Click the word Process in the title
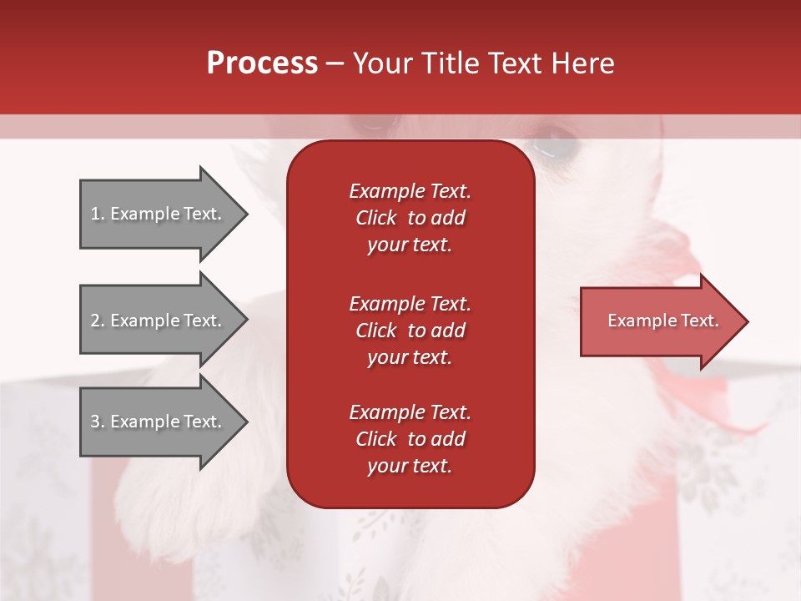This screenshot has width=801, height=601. [262, 63]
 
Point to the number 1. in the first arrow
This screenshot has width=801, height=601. [97, 214]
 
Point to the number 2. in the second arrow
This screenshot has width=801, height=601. [97, 321]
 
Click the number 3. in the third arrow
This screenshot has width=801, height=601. [97, 422]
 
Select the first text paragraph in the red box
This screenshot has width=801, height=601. [410, 218]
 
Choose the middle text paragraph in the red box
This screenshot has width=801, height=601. [410, 331]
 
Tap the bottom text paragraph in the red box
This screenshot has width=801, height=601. [410, 439]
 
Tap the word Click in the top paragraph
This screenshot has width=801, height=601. [375, 218]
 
